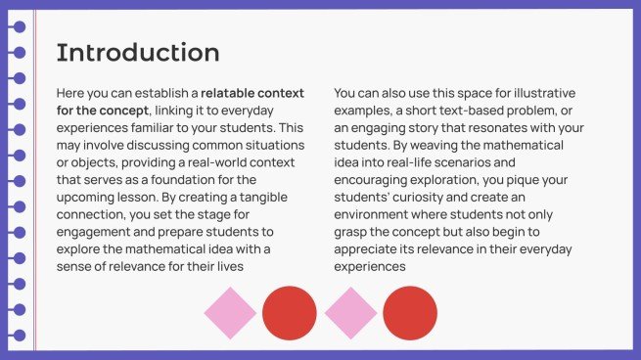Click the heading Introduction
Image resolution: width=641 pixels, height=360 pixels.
coord(138,52)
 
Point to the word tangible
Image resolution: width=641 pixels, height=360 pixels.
coord(263,198)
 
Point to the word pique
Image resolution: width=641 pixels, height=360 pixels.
coord(521,180)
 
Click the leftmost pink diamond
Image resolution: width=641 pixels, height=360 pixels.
coord(230,313)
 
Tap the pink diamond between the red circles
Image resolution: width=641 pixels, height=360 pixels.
coord(350,313)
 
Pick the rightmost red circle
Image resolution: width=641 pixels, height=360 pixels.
coord(410,313)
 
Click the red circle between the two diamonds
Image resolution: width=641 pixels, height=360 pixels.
coord(290,313)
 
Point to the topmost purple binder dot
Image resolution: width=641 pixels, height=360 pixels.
coord(20,27)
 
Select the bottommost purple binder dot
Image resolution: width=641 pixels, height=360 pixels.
coord(20,336)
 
